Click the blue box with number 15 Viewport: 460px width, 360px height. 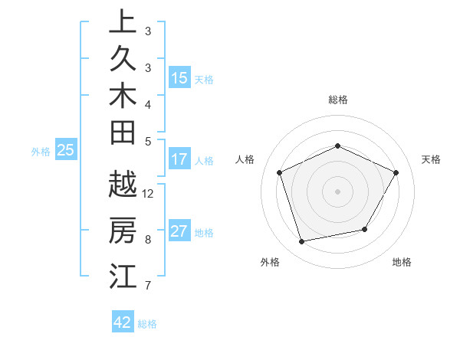pos(179,77)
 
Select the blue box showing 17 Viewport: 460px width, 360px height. pos(179,159)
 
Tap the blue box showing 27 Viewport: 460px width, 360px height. pos(179,231)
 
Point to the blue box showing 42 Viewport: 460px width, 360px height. pos(123,322)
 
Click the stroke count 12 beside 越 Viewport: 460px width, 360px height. pos(148,193)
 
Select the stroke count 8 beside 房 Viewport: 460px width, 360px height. pos(148,239)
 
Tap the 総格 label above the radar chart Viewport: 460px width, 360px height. pos(337,100)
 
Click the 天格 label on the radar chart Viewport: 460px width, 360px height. pos(432,159)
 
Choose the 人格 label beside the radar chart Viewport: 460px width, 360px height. pos(245,159)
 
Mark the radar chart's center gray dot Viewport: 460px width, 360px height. pos(337,191)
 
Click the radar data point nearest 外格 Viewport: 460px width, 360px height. pos(302,241)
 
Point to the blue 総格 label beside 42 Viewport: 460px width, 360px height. pos(147,324)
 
